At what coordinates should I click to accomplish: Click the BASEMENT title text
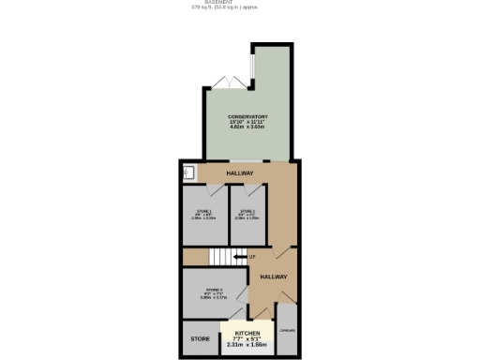pos(218,2)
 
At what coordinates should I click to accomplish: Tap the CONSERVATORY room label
pos(248,117)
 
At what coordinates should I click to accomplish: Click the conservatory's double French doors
pos(231,81)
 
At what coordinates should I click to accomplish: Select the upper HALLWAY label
pos(240,173)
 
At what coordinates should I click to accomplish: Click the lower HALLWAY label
pos(273,277)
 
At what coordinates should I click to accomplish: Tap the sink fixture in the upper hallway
pos(188,172)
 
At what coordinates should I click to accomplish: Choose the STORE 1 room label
pos(205,212)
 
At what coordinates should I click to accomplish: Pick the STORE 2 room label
pos(247,212)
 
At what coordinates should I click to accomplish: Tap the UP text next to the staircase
pos(252,256)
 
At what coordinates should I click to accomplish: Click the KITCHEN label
pos(247,333)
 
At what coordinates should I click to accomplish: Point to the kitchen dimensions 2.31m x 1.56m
pos(247,344)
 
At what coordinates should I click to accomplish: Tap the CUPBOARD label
pos(287,331)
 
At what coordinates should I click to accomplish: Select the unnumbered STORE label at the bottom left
pos(200,339)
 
